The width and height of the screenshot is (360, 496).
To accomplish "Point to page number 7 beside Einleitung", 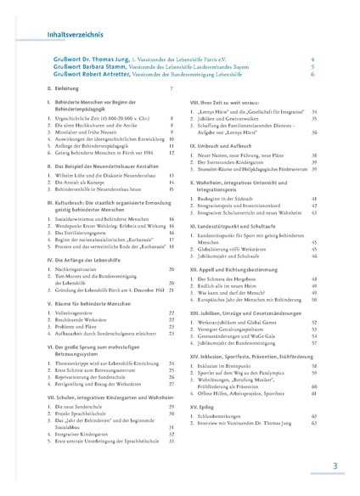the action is [x=172, y=89].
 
